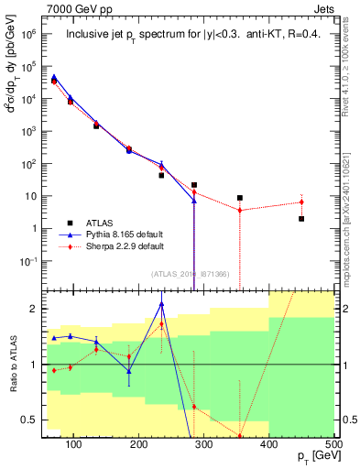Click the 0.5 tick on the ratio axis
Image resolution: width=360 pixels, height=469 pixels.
(x=36, y=420)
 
